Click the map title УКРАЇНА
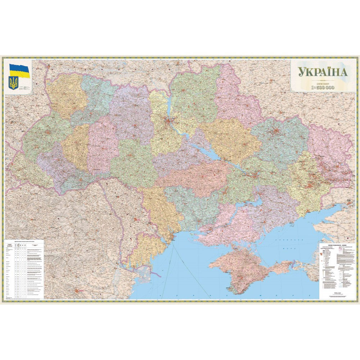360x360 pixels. click(322, 72)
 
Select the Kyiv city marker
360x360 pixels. click(168, 120)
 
